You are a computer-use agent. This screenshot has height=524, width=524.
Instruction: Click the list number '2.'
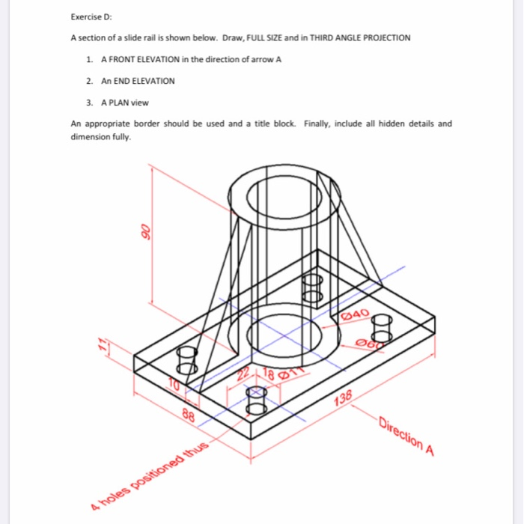pos(89,81)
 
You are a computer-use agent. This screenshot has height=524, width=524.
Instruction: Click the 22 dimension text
pos(245,374)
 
